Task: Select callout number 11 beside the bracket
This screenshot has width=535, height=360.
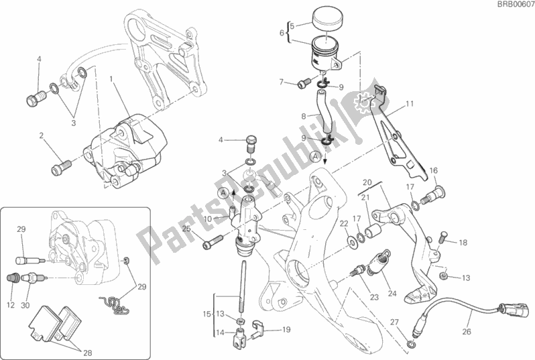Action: tap(409, 104)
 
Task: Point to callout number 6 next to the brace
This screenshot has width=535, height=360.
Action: tap(282, 32)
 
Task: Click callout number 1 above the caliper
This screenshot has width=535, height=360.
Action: tap(111, 78)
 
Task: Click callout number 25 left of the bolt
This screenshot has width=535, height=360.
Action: tap(187, 229)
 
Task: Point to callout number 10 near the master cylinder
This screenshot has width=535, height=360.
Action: tap(209, 219)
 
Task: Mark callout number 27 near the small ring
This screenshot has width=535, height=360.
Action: tap(394, 321)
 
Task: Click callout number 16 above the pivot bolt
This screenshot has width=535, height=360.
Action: tap(433, 170)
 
